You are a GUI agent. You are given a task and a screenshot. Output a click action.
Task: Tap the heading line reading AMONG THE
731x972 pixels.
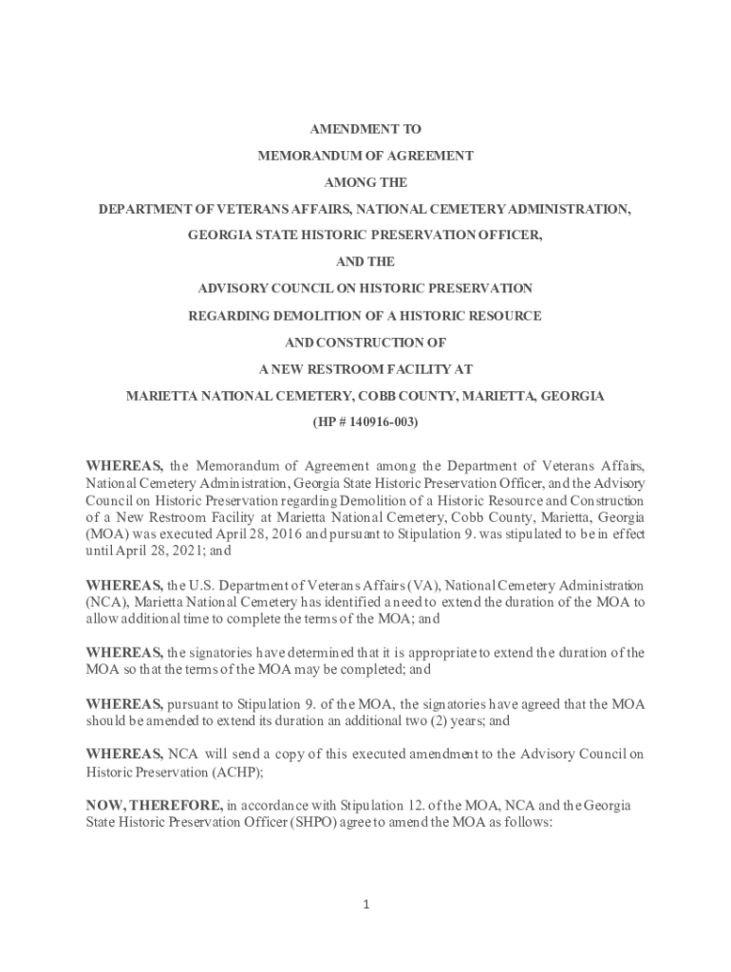coord(365,181)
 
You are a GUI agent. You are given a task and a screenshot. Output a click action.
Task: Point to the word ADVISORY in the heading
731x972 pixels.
coord(240,288)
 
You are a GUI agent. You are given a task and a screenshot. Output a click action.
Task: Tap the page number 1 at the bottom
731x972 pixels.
coord(365,905)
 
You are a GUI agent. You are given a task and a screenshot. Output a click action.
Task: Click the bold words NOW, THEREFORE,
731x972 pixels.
coord(155,806)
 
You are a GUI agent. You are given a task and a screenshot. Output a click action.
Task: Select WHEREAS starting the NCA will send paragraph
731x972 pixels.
coord(124,755)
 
